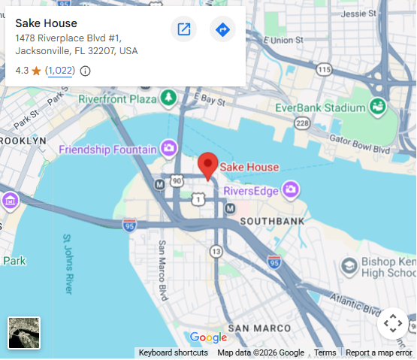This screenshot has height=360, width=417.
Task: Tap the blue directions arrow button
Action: pos(222,29)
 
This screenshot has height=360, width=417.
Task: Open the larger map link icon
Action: pos(183,29)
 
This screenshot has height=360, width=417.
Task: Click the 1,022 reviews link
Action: pos(60,71)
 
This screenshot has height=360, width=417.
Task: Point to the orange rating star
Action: pos(36,71)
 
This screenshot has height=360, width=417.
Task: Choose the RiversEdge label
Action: pos(251,189)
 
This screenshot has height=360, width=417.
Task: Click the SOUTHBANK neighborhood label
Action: pos(272,221)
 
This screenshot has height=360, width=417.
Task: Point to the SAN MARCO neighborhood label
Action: pos(259,328)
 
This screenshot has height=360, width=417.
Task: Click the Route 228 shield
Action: pos(302,123)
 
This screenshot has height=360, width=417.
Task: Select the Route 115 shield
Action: pos(323,70)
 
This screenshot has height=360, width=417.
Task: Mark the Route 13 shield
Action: pos(216,250)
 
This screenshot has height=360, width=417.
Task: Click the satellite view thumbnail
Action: pos(24,333)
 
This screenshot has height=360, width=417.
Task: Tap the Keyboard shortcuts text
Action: pos(173,352)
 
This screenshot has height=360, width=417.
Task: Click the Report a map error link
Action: pos(379,352)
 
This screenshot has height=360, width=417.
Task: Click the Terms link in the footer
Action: pos(325,352)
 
